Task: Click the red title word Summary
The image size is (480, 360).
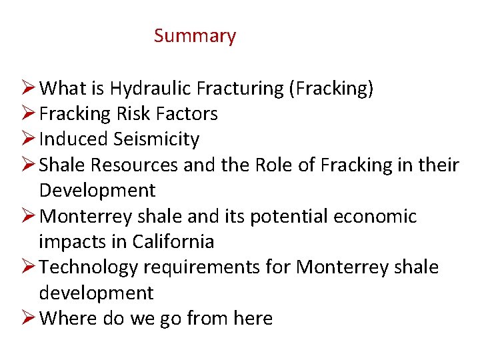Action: [195, 36]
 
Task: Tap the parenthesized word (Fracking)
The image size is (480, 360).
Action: [331, 88]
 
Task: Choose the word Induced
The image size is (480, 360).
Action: [73, 139]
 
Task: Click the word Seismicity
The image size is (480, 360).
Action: [156, 139]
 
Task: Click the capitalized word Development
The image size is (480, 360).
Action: [97, 191]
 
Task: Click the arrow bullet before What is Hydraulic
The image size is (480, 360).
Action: [27, 88]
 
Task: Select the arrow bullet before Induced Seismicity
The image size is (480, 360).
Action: [27, 139]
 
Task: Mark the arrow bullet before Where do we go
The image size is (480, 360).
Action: [27, 319]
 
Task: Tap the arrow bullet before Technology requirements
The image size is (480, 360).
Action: [27, 267]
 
